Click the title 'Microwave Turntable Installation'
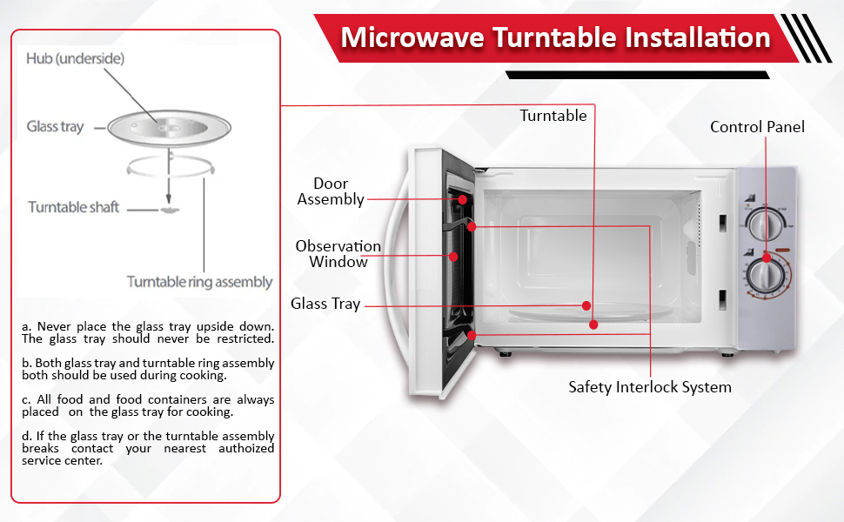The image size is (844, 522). (555, 37)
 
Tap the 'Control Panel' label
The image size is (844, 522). (757, 127)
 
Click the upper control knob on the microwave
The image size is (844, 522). (763, 224)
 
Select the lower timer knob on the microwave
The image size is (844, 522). (764, 276)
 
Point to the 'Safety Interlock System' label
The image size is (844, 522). (650, 387)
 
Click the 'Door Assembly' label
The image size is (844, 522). (331, 191)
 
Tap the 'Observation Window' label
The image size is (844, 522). (338, 254)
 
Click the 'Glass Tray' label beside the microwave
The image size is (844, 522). (325, 304)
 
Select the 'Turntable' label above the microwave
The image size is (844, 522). (553, 116)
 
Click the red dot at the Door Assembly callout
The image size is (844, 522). (462, 199)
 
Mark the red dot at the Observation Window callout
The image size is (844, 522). (453, 258)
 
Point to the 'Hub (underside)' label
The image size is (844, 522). (76, 58)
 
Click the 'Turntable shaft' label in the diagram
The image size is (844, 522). (73, 207)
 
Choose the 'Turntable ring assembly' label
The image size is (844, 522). (200, 282)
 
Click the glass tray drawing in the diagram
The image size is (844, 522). (169, 128)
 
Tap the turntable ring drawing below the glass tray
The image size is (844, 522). (171, 174)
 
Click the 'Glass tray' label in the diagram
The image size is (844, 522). (55, 126)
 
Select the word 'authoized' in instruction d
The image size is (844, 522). (246, 448)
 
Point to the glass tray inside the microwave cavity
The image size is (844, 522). (591, 311)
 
